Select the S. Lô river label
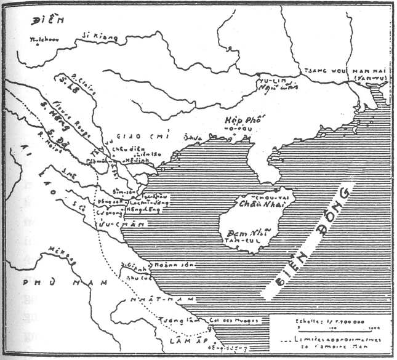point(62,85)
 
